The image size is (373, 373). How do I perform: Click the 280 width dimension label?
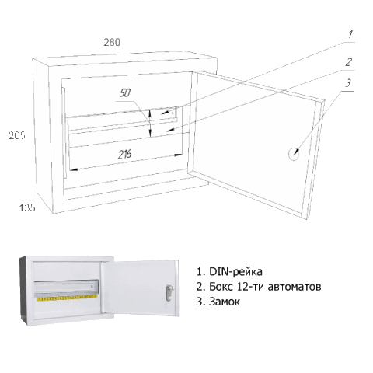coord(112,42)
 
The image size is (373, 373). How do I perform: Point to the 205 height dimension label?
coord(17,135)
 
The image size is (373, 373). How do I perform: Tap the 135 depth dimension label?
coord(27,207)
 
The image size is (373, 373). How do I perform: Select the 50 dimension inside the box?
coord(125,92)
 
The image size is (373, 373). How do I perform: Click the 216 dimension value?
coord(125,155)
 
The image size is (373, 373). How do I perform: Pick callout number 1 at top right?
coord(350,34)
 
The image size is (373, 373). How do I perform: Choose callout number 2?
coord(349,62)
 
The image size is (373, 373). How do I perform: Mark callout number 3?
coord(348,83)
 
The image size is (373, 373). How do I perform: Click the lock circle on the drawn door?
coord(294,154)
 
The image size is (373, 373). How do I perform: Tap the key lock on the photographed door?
coord(169,292)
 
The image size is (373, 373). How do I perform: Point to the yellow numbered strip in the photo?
coord(67,298)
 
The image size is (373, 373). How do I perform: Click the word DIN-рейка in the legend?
coord(235,272)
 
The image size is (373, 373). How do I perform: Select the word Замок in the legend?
coord(225,302)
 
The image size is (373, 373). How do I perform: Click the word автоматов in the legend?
coord(295,287)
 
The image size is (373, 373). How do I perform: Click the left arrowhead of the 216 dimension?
coord(74,169)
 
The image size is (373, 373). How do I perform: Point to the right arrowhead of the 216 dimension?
coord(178,155)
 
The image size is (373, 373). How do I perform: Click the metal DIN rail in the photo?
coord(66,288)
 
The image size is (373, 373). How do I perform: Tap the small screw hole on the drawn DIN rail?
coord(173,113)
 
